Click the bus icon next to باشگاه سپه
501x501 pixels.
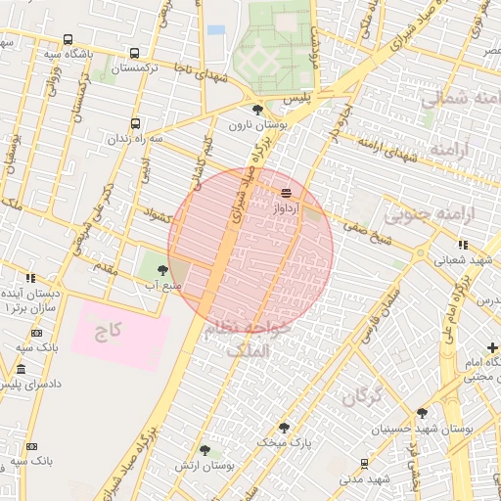point(67,40)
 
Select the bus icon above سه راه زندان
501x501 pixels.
point(135,124)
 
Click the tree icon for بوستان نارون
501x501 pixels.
point(257,110)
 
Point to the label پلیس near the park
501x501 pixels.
point(296,100)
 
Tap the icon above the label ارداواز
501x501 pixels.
point(286,193)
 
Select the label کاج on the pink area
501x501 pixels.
point(108,331)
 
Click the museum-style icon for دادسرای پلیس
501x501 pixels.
point(22,369)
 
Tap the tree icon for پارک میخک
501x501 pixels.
point(284,428)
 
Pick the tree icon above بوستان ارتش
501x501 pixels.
point(205,450)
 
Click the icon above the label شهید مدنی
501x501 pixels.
point(364,464)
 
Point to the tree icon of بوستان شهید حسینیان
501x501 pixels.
point(422,413)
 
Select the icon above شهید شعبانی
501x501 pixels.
point(462,245)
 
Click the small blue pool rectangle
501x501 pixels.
point(216,30)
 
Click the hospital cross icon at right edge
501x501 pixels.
point(492,348)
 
